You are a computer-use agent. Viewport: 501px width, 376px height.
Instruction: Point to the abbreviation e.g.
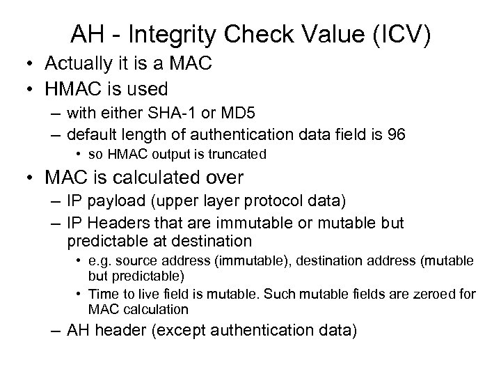pos(101,260)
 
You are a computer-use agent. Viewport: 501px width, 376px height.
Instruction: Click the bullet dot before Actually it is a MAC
pos(31,64)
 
